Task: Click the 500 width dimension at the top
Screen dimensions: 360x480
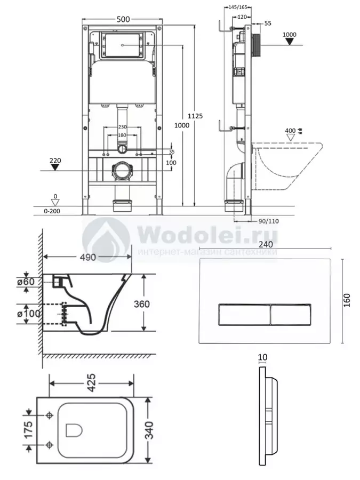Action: point(123,19)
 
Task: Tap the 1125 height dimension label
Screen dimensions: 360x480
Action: point(195,116)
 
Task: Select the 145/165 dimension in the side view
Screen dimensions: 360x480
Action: point(238,7)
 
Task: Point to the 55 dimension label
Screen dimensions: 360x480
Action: point(268,23)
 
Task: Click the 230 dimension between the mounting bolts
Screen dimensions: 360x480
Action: point(122,127)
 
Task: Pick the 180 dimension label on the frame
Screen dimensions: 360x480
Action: point(122,135)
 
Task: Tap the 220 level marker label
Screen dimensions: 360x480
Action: point(55,161)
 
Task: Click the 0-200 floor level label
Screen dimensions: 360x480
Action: point(52,211)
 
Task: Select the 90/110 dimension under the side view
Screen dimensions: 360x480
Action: point(268,221)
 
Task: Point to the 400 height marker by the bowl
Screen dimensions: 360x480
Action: point(290,131)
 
